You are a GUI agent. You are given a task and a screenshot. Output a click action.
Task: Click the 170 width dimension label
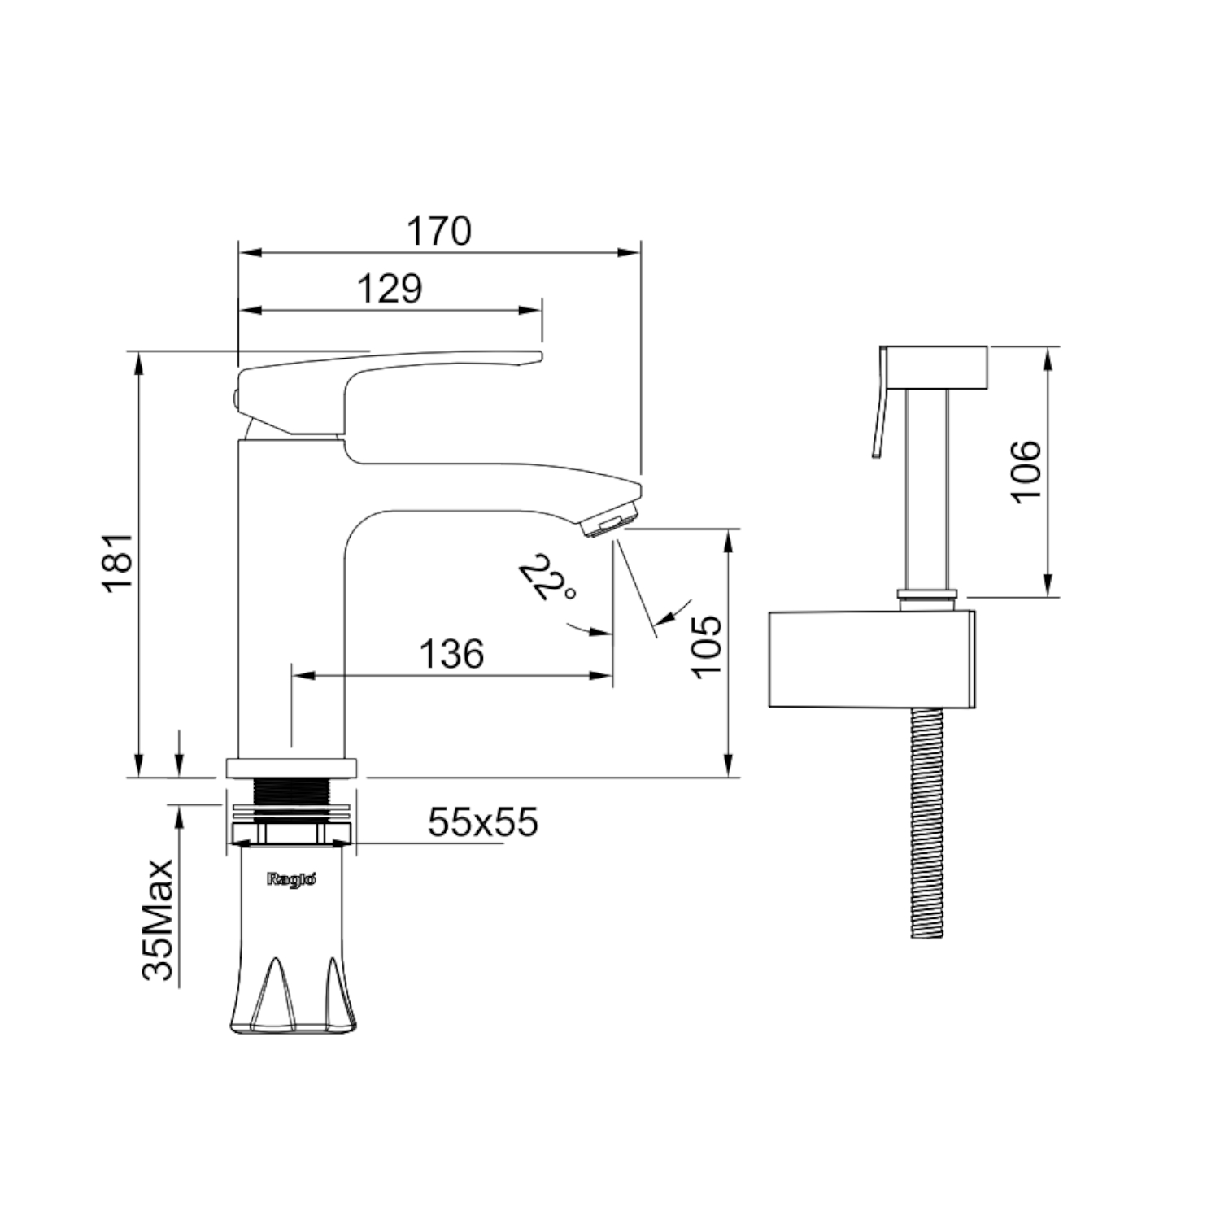(x=438, y=231)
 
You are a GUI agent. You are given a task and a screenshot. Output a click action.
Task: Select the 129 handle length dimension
(x=390, y=289)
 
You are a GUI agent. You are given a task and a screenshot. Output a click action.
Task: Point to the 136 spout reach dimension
(x=452, y=653)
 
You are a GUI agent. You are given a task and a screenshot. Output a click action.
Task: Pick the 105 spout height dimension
(x=707, y=644)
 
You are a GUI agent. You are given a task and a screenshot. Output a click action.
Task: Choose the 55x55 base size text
(x=483, y=822)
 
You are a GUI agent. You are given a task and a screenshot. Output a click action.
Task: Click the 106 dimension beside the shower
(x=1026, y=471)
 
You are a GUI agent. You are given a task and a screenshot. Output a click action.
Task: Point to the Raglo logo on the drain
(x=285, y=877)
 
